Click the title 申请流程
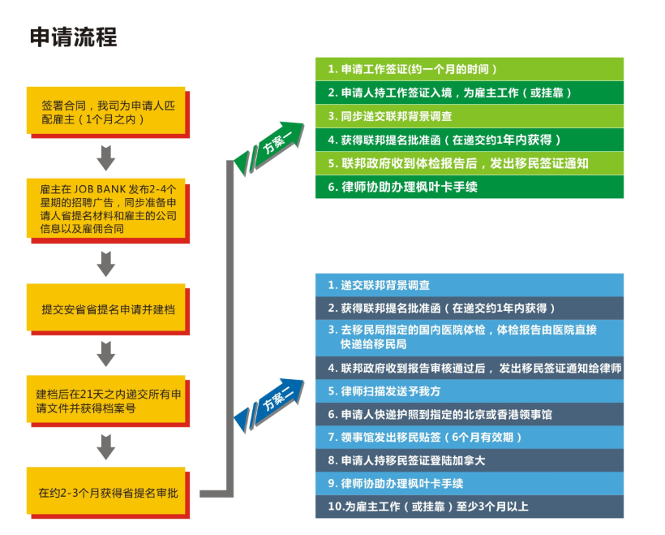pos(74,37)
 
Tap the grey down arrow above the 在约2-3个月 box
pos(106,447)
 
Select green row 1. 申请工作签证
pos(470,69)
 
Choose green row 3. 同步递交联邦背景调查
pos(470,116)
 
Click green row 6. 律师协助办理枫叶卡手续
pos(470,187)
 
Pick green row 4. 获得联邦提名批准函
pos(470,140)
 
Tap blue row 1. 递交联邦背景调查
pos(470,285)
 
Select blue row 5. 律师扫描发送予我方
pos(470,390)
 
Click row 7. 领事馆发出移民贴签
pos(470,438)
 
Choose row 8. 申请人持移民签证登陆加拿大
pos(470,460)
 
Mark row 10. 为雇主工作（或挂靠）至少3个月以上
pos(470,507)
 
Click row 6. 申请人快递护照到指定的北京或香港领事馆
pos(470,414)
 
